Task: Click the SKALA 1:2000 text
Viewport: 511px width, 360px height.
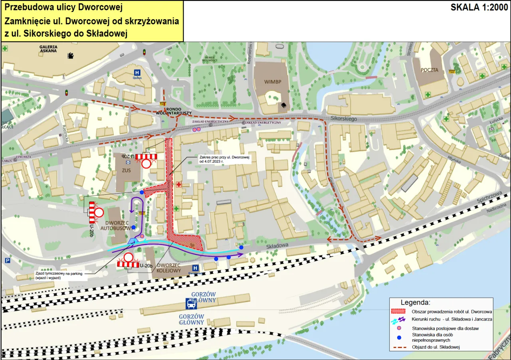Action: tap(478, 8)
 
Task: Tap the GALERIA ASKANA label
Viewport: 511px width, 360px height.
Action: tap(48, 49)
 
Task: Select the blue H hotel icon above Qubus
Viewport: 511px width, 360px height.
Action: tap(137, 73)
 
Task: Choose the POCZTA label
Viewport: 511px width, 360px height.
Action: tap(429, 70)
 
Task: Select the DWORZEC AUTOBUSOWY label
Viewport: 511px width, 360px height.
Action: tap(116, 225)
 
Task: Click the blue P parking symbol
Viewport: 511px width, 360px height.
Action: tap(7, 260)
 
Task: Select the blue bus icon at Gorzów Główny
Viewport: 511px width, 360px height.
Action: tap(192, 305)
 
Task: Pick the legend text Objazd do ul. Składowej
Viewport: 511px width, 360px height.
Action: tap(436, 347)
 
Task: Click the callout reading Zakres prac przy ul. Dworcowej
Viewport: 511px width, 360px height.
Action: tap(224, 159)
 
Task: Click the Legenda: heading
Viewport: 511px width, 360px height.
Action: tap(415, 303)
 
